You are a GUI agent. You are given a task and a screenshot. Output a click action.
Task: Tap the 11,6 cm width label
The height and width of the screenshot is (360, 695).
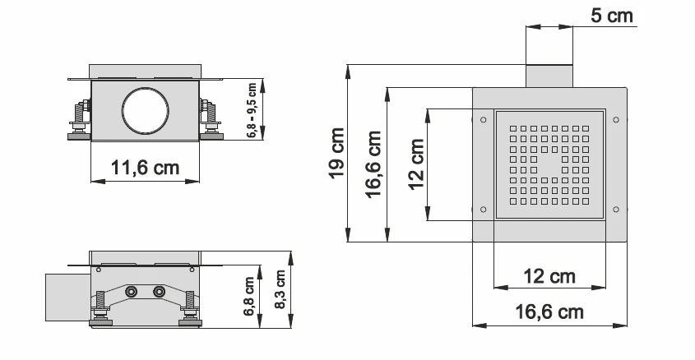[x=146, y=168]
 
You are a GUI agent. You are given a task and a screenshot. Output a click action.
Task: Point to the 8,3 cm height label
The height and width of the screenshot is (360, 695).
[x=280, y=288]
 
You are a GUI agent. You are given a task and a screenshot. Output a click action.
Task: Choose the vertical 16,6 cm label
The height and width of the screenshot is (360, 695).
[x=375, y=164]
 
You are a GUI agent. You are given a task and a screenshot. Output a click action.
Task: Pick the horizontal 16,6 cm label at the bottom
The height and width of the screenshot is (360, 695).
[x=550, y=312]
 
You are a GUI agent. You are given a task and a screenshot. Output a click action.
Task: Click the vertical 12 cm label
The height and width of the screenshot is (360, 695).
[x=417, y=164]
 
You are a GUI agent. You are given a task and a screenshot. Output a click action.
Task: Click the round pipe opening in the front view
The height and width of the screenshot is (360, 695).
[x=146, y=112]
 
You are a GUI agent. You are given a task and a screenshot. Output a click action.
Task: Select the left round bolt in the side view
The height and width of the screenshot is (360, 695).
[x=131, y=292]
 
